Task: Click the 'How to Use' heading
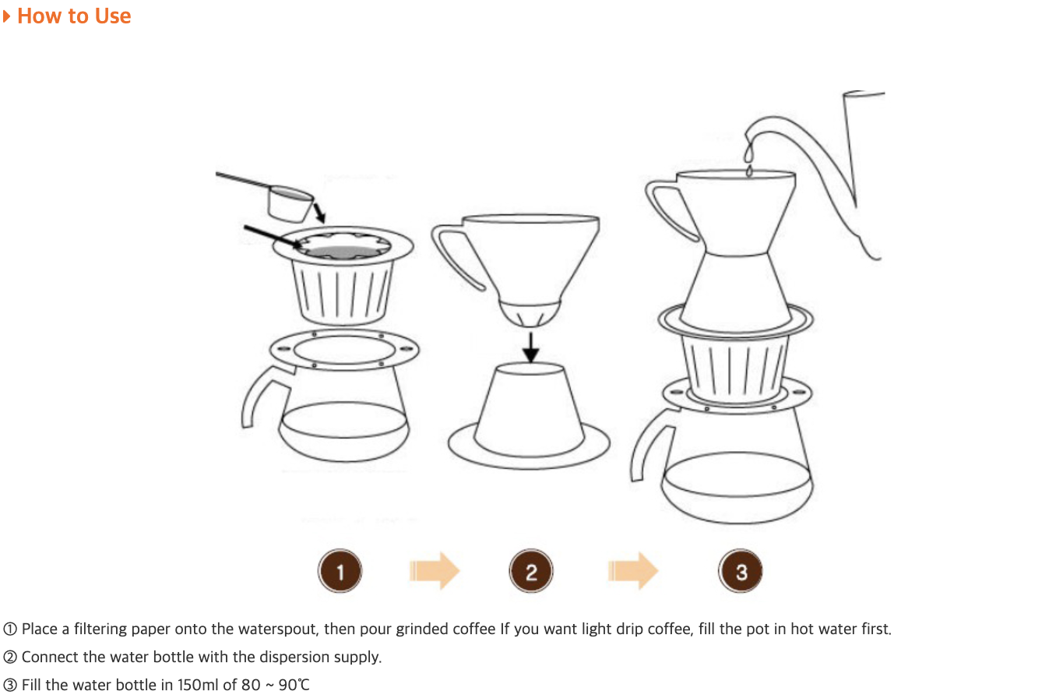tap(74, 16)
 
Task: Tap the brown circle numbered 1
tap(340, 571)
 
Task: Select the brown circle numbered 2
tap(531, 571)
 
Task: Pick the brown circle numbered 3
tap(741, 571)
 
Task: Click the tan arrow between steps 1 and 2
tap(435, 571)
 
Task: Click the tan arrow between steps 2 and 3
tap(633, 571)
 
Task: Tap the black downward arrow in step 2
tap(531, 348)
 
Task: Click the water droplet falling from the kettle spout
tap(750, 171)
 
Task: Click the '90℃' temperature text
tap(294, 685)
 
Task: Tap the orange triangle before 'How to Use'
tap(6, 16)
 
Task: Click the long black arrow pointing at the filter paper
tap(273, 236)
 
